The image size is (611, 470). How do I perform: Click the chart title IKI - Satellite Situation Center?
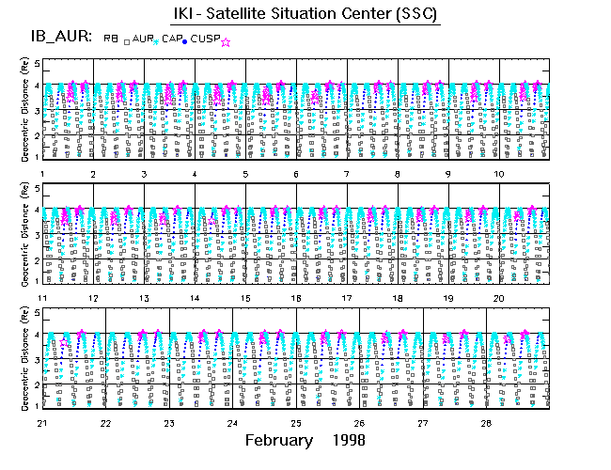coord(305,15)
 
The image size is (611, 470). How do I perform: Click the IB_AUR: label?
coord(58,37)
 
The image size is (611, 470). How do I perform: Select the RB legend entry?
coord(111,38)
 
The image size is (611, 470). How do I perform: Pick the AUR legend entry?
coord(142,38)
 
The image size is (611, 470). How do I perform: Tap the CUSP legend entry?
coord(208,38)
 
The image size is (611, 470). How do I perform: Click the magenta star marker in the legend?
coord(226,40)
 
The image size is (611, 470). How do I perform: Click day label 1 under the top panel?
coord(43,175)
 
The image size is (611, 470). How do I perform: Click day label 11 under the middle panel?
coord(43,298)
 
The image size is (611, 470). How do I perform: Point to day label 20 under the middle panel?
coord(500,298)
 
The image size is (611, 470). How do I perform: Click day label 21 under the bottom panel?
coord(43,423)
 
